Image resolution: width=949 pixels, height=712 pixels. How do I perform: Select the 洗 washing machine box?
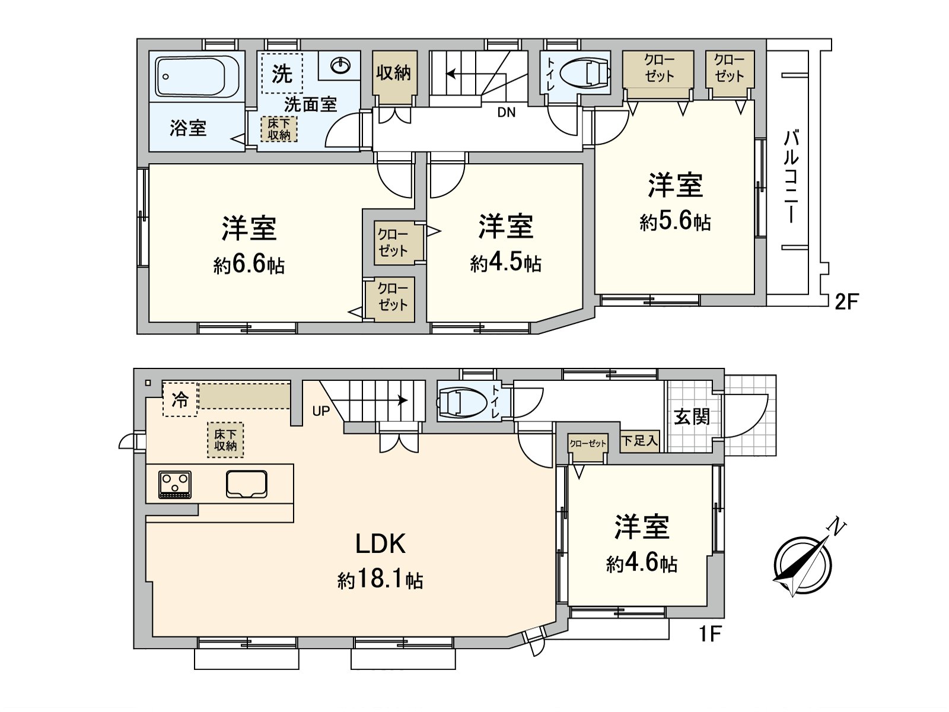click(x=282, y=74)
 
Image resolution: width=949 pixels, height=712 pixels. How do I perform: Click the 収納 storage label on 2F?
click(x=393, y=73)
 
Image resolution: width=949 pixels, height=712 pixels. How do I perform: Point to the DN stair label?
click(x=506, y=112)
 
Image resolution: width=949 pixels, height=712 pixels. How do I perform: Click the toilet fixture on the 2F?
click(x=584, y=72)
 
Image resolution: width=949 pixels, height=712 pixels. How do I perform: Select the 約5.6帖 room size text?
click(x=675, y=223)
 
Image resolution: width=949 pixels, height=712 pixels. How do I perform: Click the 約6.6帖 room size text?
click(x=249, y=265)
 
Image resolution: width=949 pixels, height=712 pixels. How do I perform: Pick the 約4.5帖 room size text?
click(x=505, y=263)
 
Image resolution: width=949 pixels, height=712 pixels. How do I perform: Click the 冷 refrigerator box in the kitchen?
click(x=180, y=400)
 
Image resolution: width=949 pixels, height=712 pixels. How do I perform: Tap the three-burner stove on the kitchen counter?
click(x=175, y=483)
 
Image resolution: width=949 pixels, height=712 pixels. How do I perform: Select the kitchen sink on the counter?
click(x=247, y=484)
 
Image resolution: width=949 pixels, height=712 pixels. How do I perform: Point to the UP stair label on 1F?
click(x=320, y=411)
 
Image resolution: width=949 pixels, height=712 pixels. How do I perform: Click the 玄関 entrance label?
click(x=692, y=417)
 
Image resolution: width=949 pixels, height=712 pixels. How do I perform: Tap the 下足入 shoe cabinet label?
click(x=639, y=441)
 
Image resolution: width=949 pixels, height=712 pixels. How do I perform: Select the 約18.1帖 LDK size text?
click(x=380, y=580)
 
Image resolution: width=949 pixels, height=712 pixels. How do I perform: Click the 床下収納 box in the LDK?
click(x=225, y=440)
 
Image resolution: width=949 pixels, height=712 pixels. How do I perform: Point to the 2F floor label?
click(x=846, y=303)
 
